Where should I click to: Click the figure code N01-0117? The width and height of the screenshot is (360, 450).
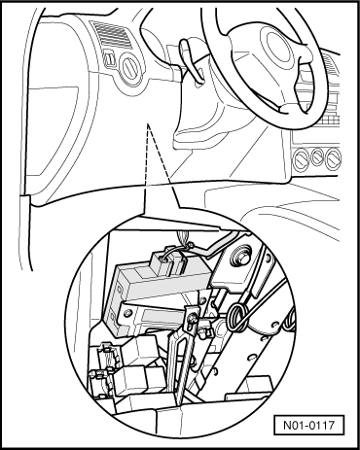pyautogui.click(x=313, y=425)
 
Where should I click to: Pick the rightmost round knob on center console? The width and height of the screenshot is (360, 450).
pyautogui.click(x=338, y=156)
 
